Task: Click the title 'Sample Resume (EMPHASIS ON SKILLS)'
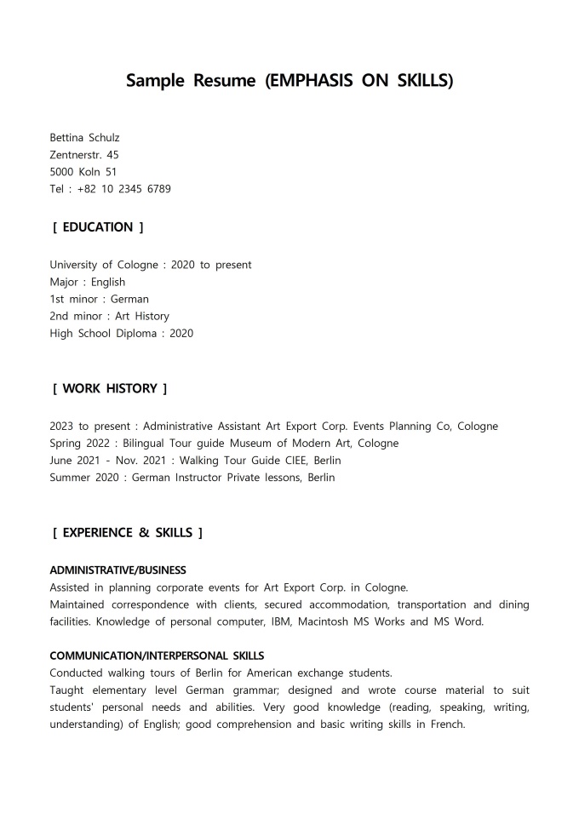click(x=289, y=81)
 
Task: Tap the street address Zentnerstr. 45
click(x=84, y=154)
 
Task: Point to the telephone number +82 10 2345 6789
click(x=123, y=189)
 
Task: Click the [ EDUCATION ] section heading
click(x=98, y=227)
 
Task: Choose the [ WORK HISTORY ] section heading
click(x=110, y=388)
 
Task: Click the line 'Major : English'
click(x=87, y=282)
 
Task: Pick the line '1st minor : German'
click(x=99, y=299)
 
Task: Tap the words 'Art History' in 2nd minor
click(x=142, y=316)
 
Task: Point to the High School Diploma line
click(x=121, y=333)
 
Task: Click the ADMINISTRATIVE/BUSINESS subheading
click(x=118, y=570)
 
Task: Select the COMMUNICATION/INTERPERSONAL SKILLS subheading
click(x=157, y=656)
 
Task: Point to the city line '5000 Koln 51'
click(x=83, y=171)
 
